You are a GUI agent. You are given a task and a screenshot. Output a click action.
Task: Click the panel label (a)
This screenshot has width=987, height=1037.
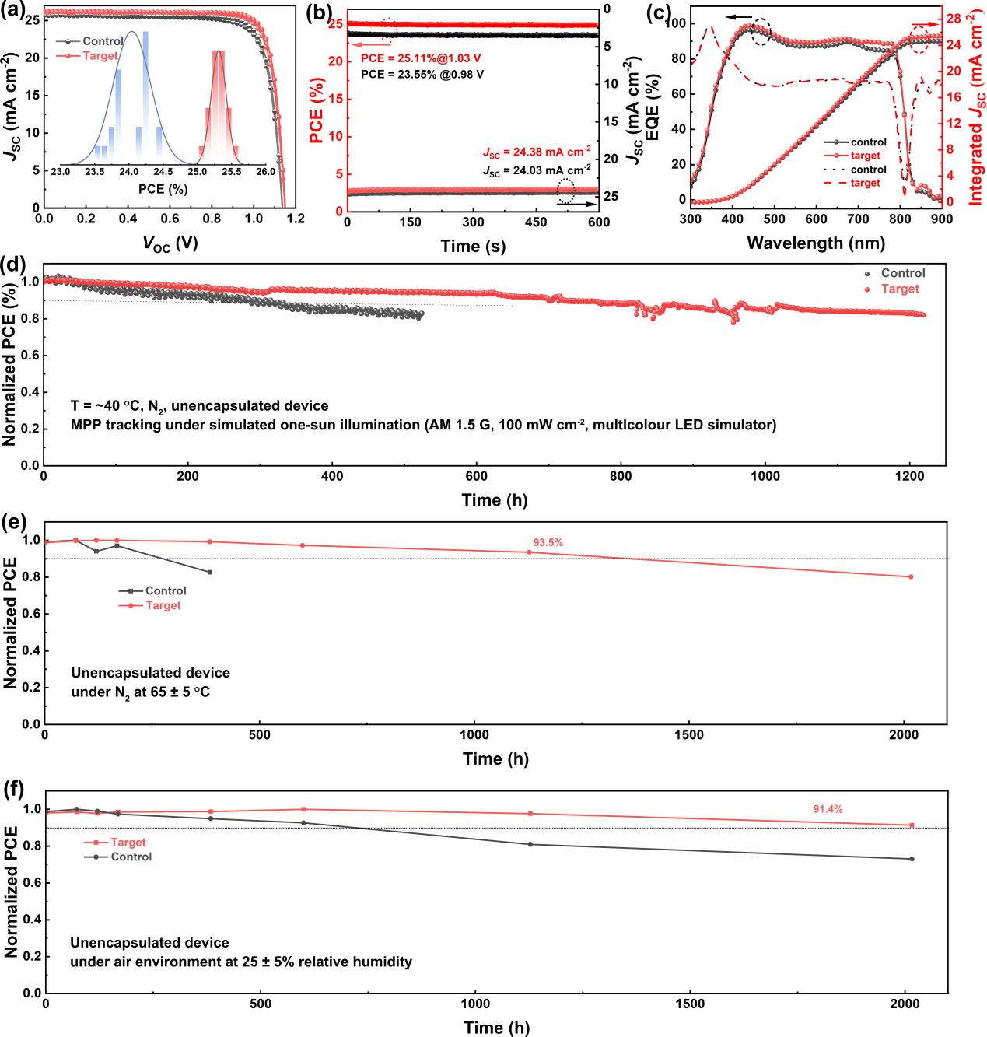(13, 12)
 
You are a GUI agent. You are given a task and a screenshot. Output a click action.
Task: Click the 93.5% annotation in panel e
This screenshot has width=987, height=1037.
(548, 543)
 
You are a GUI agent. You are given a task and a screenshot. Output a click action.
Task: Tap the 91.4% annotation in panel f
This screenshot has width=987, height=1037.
(828, 810)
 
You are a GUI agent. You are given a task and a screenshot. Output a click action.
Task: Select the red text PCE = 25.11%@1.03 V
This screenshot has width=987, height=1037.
(421, 58)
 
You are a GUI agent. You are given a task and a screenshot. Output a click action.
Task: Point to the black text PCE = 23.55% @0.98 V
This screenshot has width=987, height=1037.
(422, 75)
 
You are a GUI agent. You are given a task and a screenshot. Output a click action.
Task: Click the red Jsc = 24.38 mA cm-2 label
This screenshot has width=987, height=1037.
(537, 152)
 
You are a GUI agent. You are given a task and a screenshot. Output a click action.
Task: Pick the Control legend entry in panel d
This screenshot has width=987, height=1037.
(902, 273)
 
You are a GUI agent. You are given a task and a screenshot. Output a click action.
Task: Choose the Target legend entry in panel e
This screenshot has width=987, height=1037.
(163, 605)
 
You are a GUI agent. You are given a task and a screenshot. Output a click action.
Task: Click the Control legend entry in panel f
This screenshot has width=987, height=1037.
(131, 857)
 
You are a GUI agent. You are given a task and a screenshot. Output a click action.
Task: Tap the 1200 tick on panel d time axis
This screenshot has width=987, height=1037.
(909, 476)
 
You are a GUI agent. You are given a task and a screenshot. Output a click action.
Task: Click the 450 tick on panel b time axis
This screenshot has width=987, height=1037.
(536, 222)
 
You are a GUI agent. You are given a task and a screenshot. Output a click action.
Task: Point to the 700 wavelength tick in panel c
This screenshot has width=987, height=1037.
(858, 219)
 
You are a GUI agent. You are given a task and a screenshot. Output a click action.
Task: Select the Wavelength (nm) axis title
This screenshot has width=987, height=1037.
(816, 243)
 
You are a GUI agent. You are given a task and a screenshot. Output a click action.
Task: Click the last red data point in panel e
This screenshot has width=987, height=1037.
(911, 576)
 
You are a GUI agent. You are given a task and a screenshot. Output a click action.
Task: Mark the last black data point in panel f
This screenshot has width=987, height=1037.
(912, 859)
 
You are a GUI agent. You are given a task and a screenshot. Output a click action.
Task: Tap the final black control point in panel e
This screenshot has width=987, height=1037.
(210, 572)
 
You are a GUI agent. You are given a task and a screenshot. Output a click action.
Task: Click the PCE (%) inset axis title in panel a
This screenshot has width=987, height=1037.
(163, 189)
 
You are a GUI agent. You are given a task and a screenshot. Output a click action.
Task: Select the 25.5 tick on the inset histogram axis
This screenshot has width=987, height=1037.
(232, 172)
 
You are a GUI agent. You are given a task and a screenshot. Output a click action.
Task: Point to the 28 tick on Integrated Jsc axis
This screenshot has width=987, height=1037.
(954, 19)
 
